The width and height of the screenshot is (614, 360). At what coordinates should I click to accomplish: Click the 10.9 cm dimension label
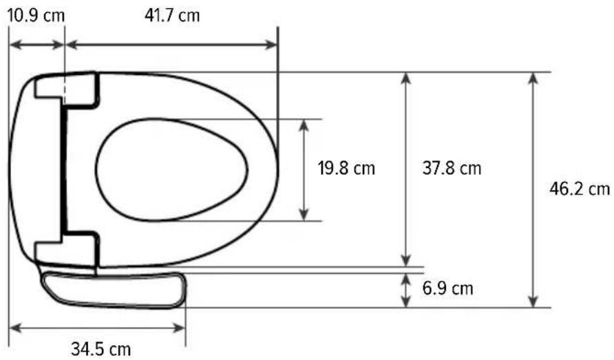36,16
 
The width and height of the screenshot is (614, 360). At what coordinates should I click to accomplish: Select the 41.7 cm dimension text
172,16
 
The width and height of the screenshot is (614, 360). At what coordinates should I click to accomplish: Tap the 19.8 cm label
346,169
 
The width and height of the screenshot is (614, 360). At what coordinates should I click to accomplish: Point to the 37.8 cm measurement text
452,169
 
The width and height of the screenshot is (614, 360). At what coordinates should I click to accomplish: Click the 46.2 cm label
580,189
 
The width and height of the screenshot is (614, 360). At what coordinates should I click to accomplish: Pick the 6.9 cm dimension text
447,288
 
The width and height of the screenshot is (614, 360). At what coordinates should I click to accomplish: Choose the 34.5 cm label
100,348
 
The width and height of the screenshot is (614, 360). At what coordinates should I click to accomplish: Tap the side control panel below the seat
114,290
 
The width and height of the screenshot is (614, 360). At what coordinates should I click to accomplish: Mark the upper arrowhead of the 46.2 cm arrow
533,78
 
